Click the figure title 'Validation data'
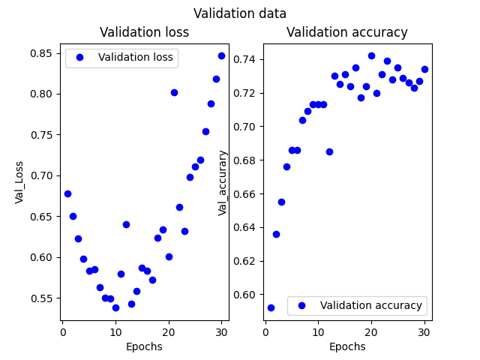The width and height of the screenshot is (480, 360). point(240,13)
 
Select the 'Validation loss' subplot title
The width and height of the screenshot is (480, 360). point(145,32)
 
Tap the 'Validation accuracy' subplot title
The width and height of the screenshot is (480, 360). point(347,32)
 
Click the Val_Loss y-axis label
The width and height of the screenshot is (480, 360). point(19,181)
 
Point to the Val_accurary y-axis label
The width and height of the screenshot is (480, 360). point(223,182)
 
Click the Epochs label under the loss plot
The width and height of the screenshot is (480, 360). point(145,346)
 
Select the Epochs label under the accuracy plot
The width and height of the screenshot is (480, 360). point(347,346)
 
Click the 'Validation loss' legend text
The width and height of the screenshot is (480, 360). point(135,58)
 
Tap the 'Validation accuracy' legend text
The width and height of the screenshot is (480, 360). point(370,305)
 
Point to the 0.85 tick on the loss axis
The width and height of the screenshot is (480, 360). point(44,53)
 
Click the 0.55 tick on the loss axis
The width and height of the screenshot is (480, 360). point(44,298)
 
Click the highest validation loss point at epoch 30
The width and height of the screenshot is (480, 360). point(221,55)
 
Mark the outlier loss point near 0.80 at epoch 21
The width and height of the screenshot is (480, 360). point(174,92)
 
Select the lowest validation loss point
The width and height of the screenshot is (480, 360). point(115,307)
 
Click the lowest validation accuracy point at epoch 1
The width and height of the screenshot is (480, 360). point(271,307)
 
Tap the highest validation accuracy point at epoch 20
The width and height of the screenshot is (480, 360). point(371,55)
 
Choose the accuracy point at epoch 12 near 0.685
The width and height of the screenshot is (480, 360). point(329,151)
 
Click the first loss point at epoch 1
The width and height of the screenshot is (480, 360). point(67,193)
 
